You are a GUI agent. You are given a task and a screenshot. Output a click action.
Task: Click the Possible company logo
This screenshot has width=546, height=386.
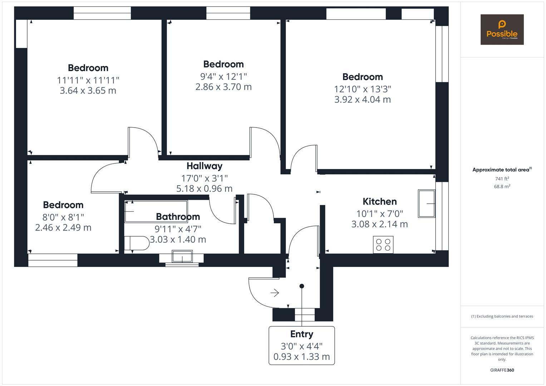coord(502,29)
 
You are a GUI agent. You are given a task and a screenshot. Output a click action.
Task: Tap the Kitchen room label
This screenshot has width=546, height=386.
coord(379,201)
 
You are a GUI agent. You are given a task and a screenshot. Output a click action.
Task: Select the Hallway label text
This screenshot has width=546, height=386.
coord(204,166)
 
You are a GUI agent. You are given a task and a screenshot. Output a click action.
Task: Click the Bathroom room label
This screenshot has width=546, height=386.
coord(178,217)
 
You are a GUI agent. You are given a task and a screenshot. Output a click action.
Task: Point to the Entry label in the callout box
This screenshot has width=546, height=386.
coord(301,334)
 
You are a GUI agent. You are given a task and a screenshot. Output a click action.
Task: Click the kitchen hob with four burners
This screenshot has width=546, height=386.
coord(383,244)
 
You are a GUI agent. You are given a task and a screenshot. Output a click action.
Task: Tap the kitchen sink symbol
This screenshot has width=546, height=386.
coord(427,203)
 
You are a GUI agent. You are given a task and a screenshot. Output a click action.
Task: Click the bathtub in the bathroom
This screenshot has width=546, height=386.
coord(156,212)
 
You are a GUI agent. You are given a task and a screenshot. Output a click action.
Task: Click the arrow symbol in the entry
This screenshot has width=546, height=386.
coord(275,293)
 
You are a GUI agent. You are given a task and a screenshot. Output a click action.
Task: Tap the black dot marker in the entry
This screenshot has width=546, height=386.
coord(302,286)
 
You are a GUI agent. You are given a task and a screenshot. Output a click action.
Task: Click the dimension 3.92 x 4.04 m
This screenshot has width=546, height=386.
coord(362,99)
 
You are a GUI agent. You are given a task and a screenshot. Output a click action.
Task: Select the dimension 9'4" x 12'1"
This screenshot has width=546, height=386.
coord(223,76)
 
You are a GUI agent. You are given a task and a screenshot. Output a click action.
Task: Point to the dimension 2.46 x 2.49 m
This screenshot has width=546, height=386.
coord(63,227)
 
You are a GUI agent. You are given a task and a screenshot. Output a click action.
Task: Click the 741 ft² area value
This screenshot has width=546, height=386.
coord(502,179)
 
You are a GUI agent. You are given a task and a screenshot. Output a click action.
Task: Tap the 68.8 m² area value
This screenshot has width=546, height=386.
coord(502,186)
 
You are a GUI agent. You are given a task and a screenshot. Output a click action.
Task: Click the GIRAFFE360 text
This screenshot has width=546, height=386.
coord(502,370)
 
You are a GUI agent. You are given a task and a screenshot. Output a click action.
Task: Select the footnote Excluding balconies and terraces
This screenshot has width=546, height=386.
coord(502,316)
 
